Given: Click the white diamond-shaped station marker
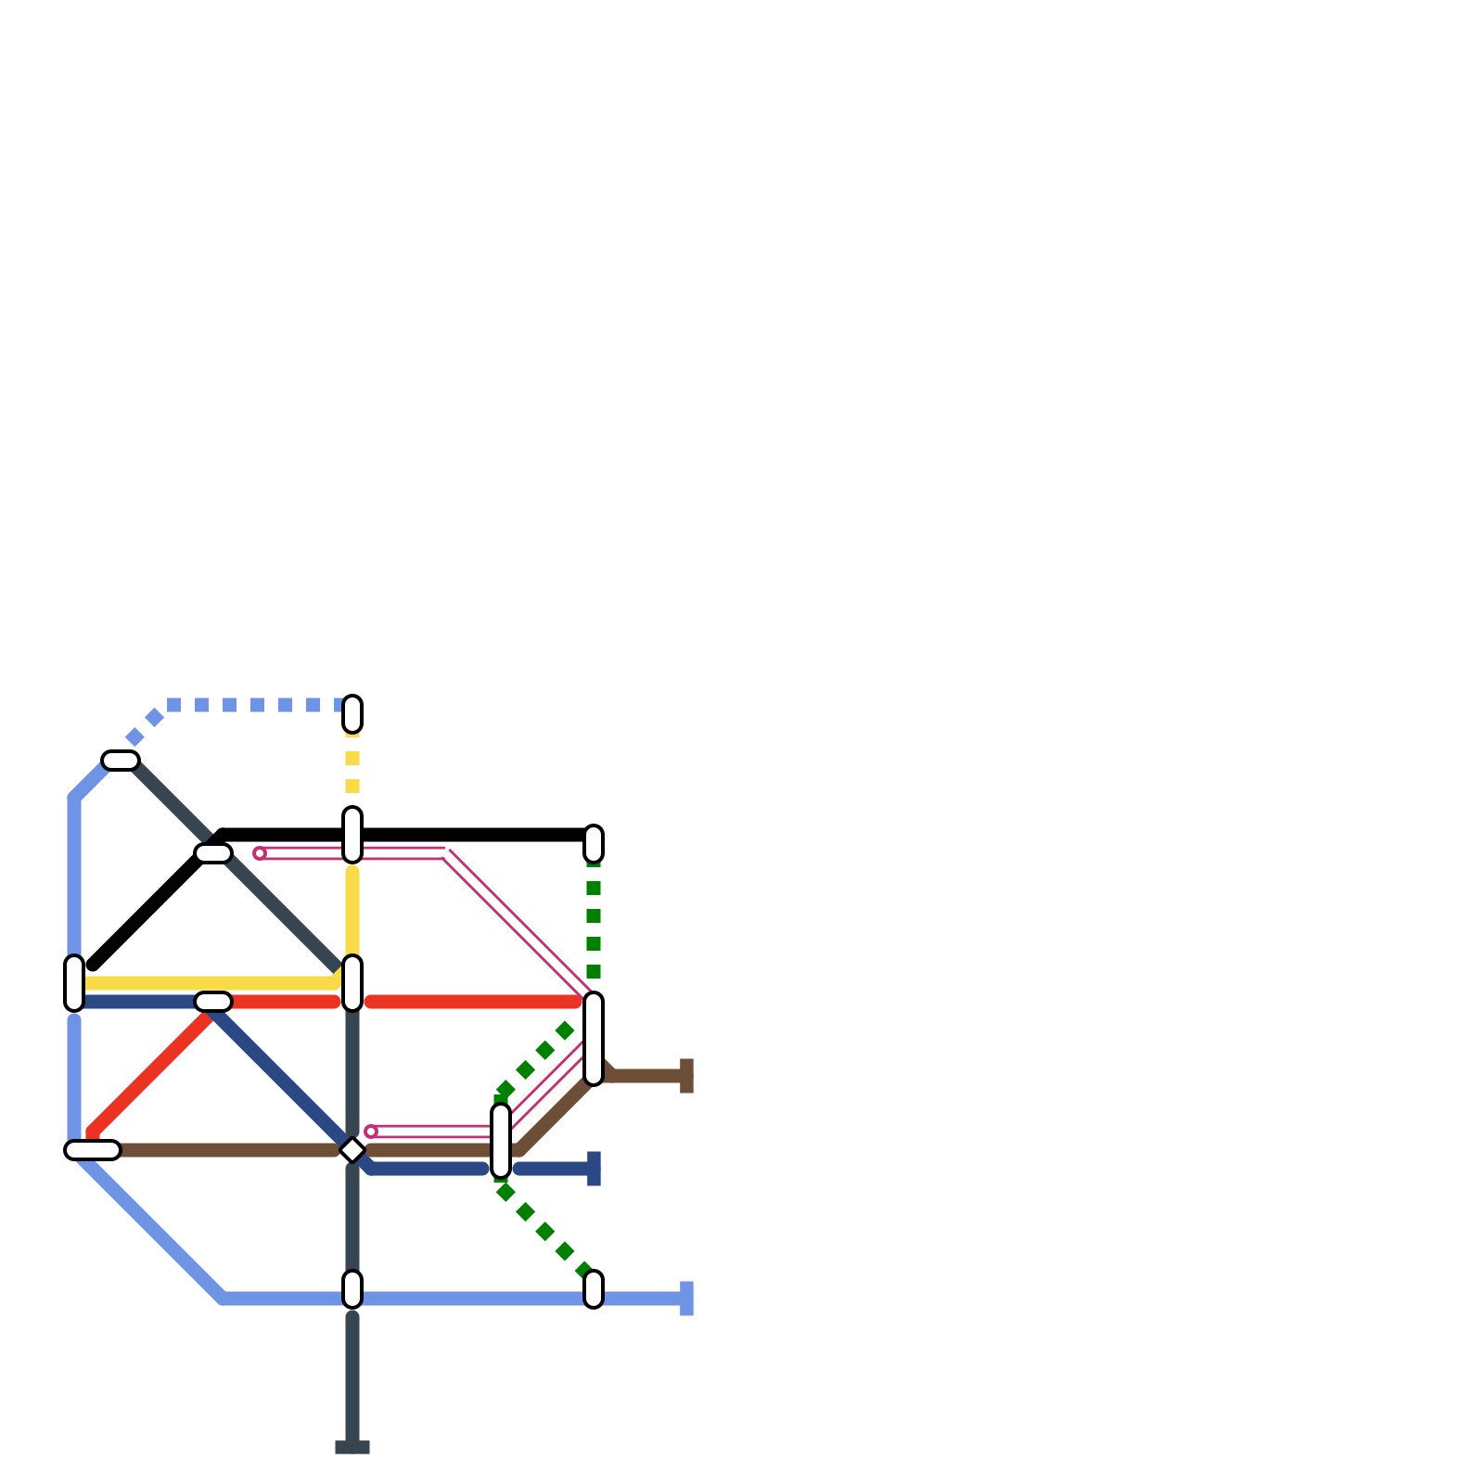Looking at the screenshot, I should pos(352,1150).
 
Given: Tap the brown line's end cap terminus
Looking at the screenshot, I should pos(686,1076).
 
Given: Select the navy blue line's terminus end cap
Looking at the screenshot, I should pos(594,1169).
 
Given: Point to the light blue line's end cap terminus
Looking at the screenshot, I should pos(686,1298).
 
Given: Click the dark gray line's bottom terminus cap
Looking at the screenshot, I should pos(352,1447).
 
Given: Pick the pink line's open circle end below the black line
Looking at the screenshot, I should pos(260,853).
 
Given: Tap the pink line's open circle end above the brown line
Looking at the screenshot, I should pos(371,1132).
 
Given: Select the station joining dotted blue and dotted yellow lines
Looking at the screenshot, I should pos(352,714).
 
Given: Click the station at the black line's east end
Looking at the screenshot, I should pos(594,844).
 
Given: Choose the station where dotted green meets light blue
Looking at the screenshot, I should pos(594,1289).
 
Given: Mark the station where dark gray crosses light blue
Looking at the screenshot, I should pos(352,1289).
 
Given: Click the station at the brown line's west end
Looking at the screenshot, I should pos(93,1150).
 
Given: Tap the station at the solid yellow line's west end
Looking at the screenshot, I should pos(74,983).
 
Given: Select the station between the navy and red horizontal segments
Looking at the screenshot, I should pos(213,1002).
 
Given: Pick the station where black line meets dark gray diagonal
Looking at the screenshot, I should pos(213,853).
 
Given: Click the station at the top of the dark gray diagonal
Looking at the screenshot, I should pos(121,761).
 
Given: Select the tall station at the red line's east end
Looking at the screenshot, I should pos(594,1039).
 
